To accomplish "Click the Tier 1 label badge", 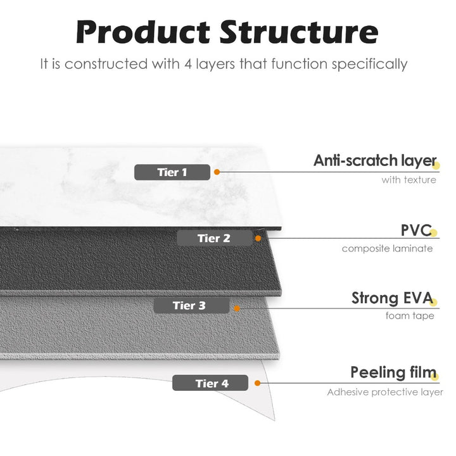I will tap(172, 172).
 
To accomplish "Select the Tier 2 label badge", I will tap(214, 238).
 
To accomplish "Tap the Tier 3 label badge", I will tap(189, 306).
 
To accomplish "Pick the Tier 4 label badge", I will tap(212, 383).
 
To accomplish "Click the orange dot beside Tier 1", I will tap(217, 172).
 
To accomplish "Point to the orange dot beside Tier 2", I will tap(258, 238).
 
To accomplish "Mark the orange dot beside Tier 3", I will tap(236, 308).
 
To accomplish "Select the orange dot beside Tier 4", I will tap(257, 383).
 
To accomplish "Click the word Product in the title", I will tap(142, 32).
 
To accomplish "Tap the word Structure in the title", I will tap(298, 32).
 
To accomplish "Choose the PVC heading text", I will tap(415, 229).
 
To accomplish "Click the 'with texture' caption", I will tap(408, 180).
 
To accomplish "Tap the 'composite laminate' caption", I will tap(387, 248).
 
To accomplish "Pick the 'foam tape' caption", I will tap(410, 315).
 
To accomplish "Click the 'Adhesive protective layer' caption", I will tap(384, 392).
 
